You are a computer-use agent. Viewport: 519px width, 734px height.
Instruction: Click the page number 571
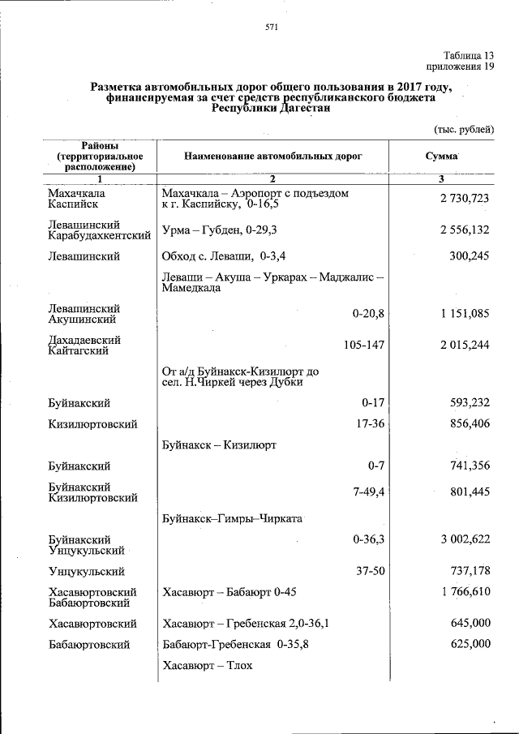coord(272,28)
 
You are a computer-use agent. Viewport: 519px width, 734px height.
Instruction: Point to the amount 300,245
coord(470,256)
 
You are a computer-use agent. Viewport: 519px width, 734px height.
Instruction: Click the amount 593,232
coord(470,403)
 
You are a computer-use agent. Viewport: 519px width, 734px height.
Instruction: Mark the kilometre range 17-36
coord(370,423)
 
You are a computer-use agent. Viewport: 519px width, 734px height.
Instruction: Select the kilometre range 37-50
coord(370,572)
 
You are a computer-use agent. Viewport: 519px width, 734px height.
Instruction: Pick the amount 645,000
coord(470,623)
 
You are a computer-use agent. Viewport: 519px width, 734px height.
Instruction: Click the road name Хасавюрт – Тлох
coord(208,666)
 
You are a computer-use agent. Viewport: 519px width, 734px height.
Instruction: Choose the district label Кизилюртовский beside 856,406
coord(92,424)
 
